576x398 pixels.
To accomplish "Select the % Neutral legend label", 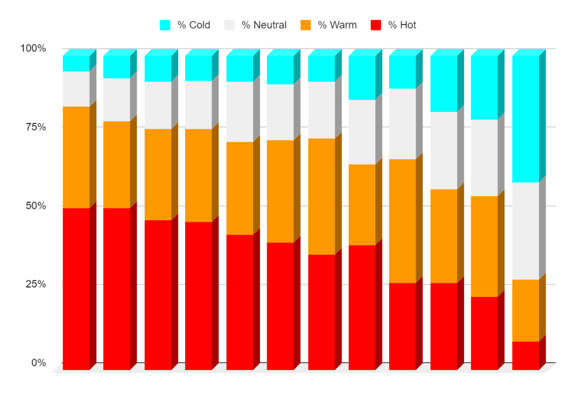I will (264, 25).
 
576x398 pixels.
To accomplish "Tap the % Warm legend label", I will (337, 25).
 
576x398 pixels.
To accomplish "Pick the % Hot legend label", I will (402, 25).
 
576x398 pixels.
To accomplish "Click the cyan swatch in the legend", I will (165, 25).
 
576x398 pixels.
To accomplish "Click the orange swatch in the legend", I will (306, 25).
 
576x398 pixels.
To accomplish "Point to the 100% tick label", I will (33, 48).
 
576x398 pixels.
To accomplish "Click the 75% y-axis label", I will (35, 127).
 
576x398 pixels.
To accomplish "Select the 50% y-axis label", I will (35, 206).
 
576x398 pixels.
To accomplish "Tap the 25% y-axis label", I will (35, 284).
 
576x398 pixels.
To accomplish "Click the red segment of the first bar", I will (76, 289).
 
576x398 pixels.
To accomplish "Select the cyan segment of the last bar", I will (525, 119).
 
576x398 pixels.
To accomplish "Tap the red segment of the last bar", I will (525, 355).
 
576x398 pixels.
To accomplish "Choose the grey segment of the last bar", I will (525, 230).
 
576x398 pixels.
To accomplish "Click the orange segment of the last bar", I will (525, 310).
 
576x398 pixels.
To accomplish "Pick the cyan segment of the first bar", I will (76, 64).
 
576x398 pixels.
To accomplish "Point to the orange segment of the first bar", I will (76, 157).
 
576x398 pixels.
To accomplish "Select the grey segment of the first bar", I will (76, 89).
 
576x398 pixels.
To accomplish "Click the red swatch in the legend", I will (376, 25).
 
